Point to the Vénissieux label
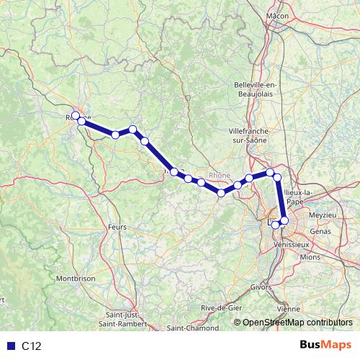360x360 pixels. pyautogui.click(x=290, y=245)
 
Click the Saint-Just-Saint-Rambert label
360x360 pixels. pyautogui.click(x=125, y=318)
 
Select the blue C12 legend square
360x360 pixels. pyautogui.click(x=10, y=346)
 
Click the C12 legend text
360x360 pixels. pyautogui.click(x=32, y=346)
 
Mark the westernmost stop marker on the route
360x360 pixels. pyautogui.click(x=76, y=115)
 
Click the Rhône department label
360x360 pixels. pyautogui.click(x=219, y=175)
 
